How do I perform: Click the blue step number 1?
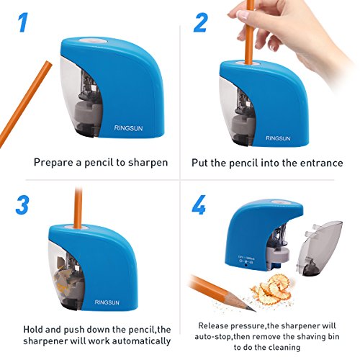coord(23,22)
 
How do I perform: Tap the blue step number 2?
coord(200,22)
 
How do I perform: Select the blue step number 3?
coord(22,205)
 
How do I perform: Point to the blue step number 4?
coord(199,204)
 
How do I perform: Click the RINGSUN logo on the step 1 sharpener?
coord(128,128)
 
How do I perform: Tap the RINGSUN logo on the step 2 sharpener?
coord(278,138)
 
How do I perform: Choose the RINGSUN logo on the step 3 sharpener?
coord(107,302)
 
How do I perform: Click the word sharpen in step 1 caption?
coord(148,163)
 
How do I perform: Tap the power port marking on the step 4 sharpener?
coord(246,261)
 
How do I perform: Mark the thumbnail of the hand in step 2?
coord(243,15)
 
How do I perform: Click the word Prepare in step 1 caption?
coord(54,163)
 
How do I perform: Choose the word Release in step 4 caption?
coord(213,325)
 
